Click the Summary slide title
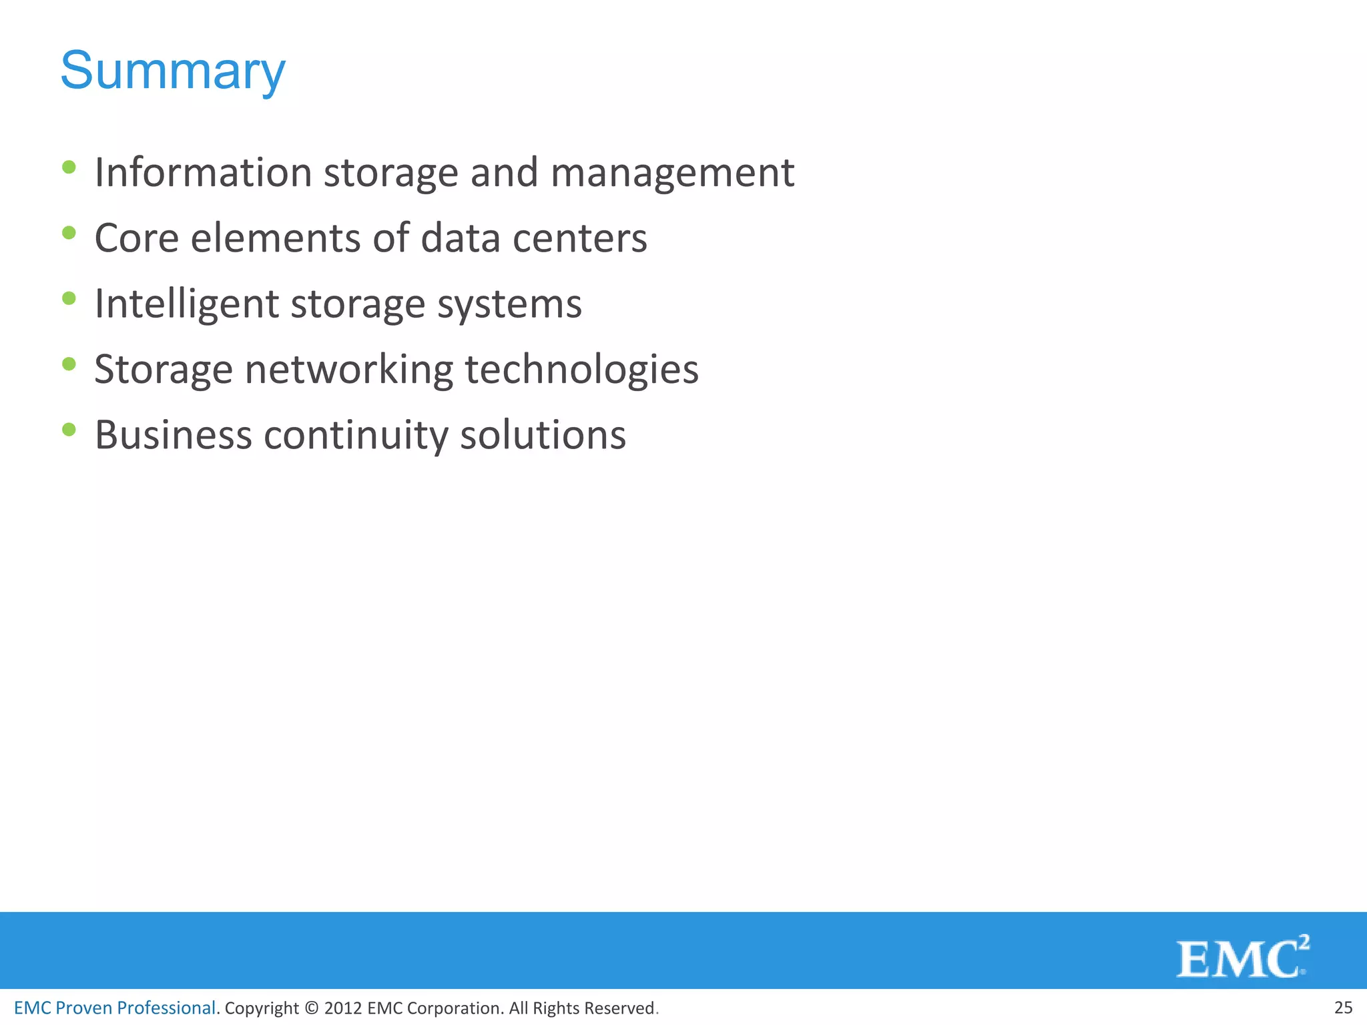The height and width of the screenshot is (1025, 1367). point(173,71)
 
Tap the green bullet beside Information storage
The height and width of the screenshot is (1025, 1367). point(69,167)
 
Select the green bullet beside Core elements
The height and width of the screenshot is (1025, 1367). point(69,233)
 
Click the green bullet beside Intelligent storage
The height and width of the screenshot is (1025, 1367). point(69,298)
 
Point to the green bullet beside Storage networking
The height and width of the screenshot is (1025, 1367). point(69,364)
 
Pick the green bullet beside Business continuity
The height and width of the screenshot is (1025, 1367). point(69,429)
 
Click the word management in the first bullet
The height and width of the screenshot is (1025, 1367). point(672,174)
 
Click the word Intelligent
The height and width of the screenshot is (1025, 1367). point(186,304)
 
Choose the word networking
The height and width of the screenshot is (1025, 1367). point(349,370)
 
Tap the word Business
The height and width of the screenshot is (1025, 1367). point(174,435)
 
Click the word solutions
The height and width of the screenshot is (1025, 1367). point(543,435)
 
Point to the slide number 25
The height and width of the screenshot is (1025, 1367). point(1343,1008)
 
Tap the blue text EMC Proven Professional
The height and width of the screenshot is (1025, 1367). point(115,1008)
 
